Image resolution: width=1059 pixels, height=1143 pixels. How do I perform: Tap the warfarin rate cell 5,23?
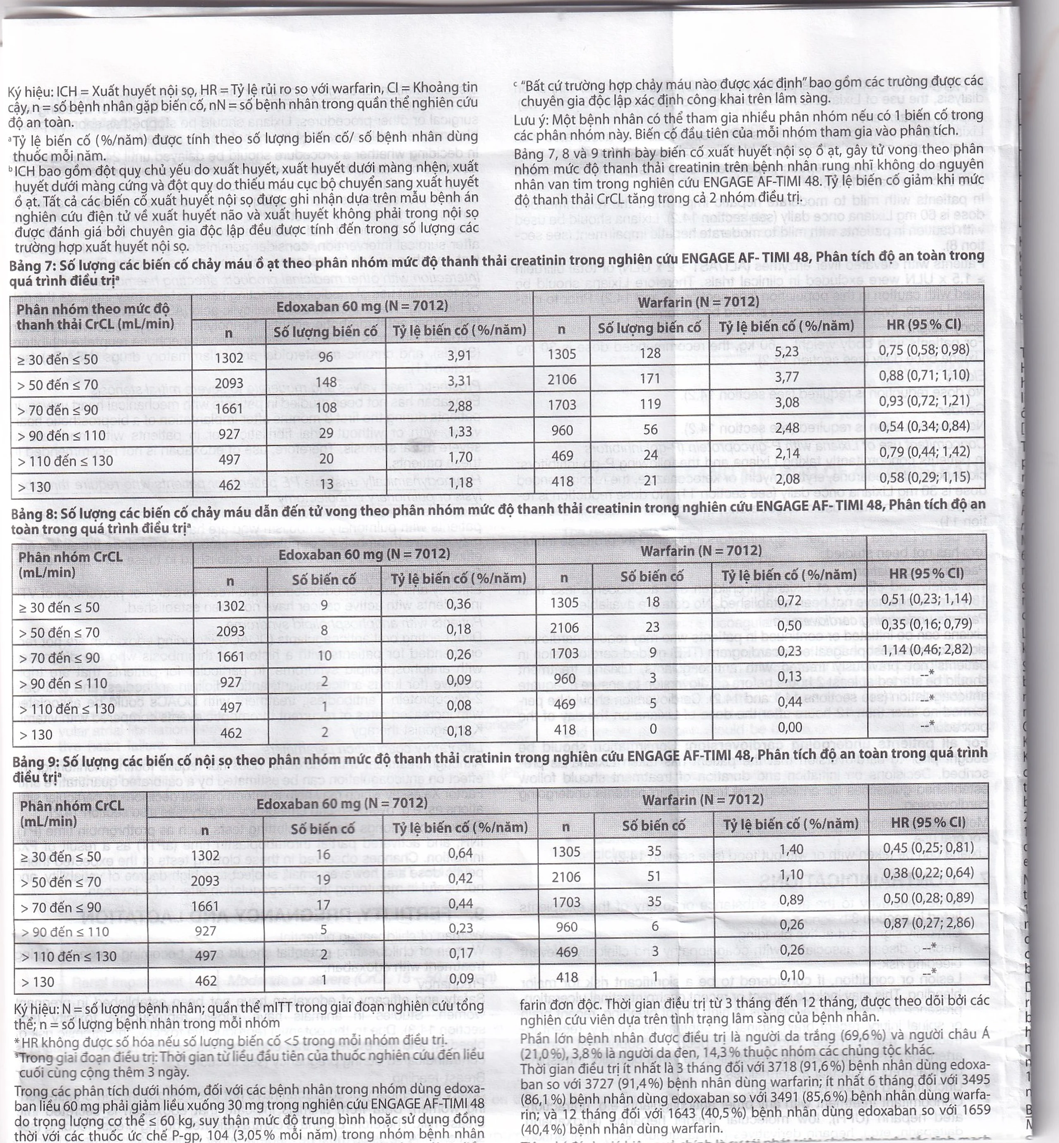point(786,351)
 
